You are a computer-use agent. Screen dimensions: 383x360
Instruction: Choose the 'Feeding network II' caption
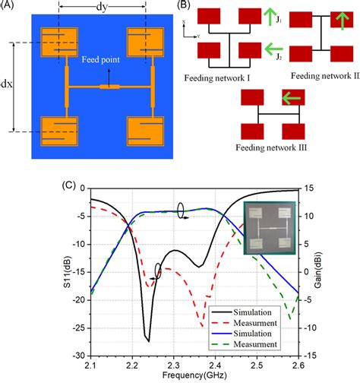[317, 76]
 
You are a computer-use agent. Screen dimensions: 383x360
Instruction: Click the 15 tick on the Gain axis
[305, 188]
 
